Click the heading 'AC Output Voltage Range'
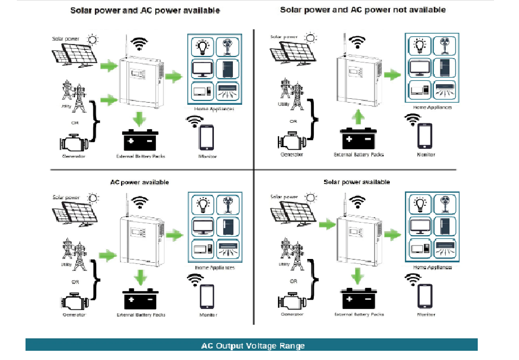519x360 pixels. pos(252,345)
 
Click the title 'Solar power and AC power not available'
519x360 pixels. pos(362,10)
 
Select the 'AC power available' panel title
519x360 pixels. pos(140,182)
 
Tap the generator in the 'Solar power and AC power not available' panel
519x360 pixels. pos(291,141)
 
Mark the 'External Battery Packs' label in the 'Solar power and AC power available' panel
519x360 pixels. pos(140,156)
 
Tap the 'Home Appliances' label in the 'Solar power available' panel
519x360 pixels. pos(433,268)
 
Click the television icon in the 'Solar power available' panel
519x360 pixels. pos(421,227)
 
